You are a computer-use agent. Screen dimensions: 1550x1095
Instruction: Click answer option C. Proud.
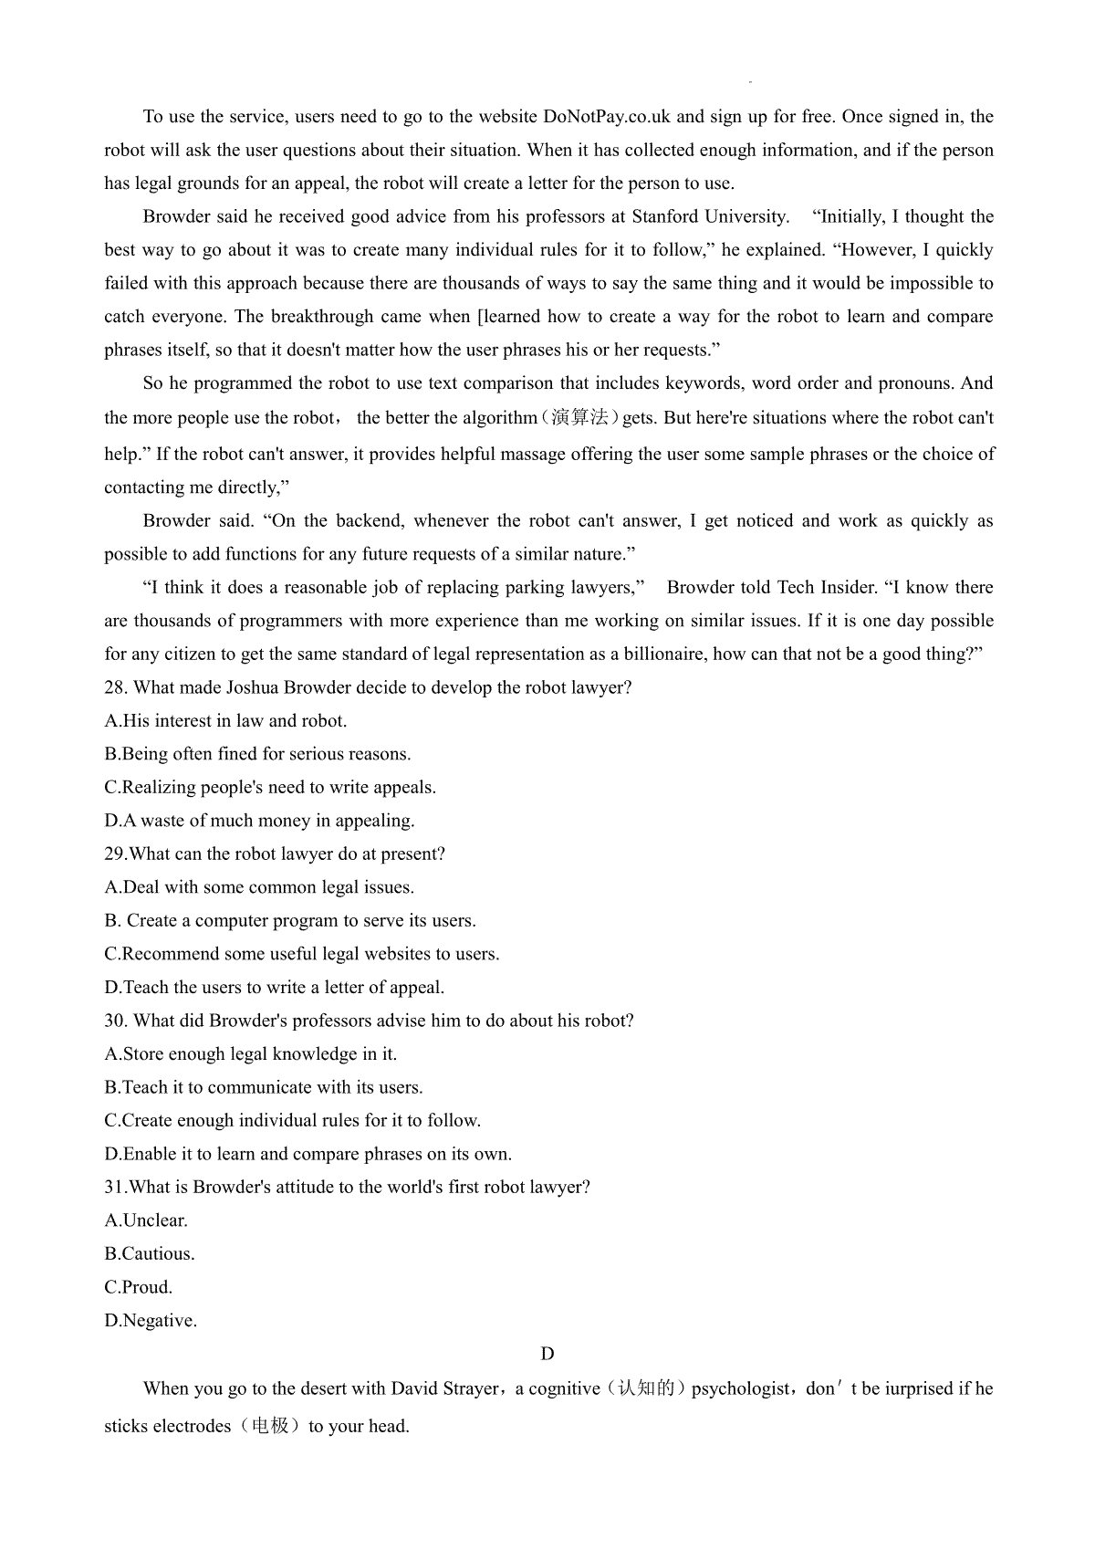(x=139, y=1287)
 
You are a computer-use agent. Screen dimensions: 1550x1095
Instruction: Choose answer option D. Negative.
(x=151, y=1320)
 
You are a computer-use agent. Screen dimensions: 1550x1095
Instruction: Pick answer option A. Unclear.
(x=146, y=1220)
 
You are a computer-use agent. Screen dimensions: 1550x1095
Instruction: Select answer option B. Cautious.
(x=150, y=1253)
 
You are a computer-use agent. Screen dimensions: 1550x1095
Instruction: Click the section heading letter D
(x=547, y=1354)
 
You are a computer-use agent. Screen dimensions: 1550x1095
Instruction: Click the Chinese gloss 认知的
(x=645, y=1388)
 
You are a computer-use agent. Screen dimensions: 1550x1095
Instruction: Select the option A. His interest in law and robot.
(x=225, y=720)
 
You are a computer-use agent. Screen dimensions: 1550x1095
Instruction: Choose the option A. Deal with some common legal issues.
(x=259, y=887)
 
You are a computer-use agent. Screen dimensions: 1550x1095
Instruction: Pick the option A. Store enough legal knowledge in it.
(x=251, y=1053)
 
